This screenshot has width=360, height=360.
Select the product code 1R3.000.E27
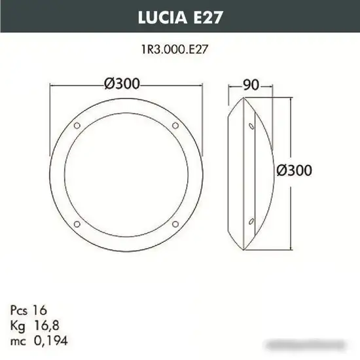point(179,48)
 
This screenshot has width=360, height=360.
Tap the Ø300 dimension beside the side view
point(293,170)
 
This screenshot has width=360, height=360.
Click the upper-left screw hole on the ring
point(77,124)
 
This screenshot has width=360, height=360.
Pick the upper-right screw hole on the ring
point(175,124)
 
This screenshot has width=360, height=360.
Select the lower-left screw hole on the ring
point(77,223)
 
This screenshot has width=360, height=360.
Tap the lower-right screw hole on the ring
point(175,223)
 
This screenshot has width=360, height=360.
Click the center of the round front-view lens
point(126,173)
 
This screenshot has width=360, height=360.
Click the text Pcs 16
point(29,309)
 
